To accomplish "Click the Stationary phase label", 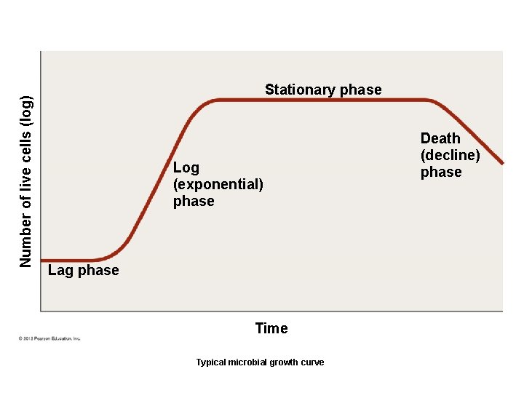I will [323, 90].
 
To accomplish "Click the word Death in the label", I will [440, 138].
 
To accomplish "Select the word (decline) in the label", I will [450, 155].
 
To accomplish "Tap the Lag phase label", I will [83, 270].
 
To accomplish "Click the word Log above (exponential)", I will [186, 167].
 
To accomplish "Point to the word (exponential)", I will [218, 184].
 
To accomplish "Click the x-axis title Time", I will [271, 328].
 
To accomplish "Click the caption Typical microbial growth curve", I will [260, 362].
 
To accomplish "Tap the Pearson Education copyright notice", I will [49, 338].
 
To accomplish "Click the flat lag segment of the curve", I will [69, 260].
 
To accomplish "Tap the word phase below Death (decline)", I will [441, 172].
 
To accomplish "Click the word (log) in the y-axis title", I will [26, 109].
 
